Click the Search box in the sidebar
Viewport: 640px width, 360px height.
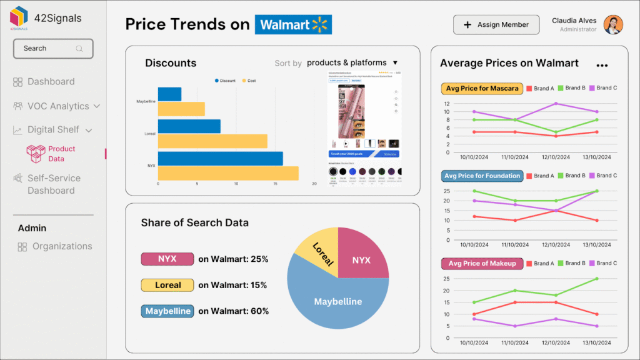pos(53,48)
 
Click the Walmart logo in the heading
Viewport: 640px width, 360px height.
pos(293,24)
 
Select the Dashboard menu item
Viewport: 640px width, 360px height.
pos(51,82)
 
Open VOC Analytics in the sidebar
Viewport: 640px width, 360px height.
pos(58,106)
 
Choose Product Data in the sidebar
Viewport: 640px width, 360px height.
pos(61,154)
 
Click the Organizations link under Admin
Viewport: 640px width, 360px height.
pos(62,246)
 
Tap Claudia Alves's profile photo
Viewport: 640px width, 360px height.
pos(613,24)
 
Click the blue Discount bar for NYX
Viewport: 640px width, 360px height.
pos(220,159)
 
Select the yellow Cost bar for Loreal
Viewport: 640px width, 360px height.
pos(212,141)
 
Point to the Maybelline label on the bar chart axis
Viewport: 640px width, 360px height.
pos(146,101)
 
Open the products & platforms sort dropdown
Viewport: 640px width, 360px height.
pos(352,62)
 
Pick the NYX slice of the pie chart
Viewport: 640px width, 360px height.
pos(362,256)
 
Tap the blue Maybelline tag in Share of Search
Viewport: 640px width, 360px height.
pos(167,311)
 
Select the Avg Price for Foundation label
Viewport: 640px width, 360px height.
pos(482,176)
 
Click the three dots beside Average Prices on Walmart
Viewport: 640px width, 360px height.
pos(602,66)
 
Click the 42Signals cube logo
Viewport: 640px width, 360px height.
pos(19,17)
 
